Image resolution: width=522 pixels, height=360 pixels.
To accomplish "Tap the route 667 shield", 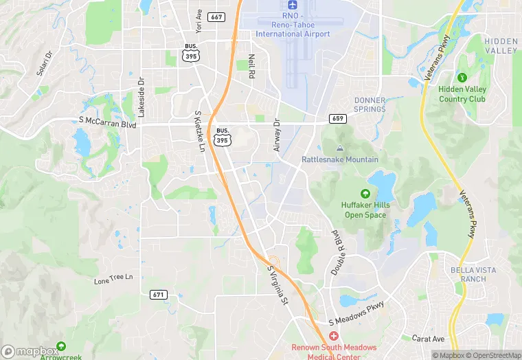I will pyautogui.click(x=216, y=16).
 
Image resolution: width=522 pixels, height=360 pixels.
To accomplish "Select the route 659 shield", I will pyautogui.click(x=337, y=119).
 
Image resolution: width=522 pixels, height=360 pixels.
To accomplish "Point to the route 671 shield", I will pyautogui.click(x=158, y=294).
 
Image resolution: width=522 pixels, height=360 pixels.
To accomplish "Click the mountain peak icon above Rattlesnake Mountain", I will pyautogui.click(x=339, y=148).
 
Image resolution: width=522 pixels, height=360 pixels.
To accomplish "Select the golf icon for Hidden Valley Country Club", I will pyautogui.click(x=462, y=77).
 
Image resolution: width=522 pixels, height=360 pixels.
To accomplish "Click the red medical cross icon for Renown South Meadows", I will pyautogui.click(x=334, y=336).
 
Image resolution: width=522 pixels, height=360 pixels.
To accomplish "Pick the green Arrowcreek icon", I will pyautogui.click(x=61, y=347).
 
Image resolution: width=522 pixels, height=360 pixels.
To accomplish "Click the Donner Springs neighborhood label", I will pyautogui.click(x=370, y=104).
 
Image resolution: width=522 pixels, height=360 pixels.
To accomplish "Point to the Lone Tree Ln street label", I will pyautogui.click(x=113, y=278).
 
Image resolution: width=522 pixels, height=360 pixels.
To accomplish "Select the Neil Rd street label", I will pyautogui.click(x=251, y=66).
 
